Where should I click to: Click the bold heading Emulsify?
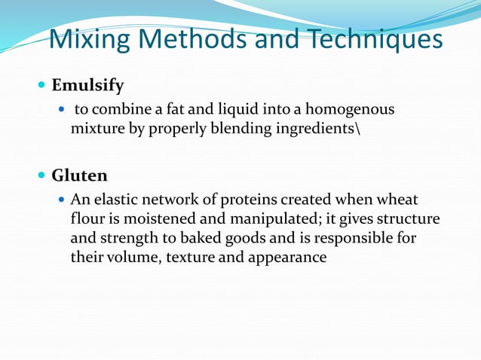coord(87,85)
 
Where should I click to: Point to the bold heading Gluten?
coord(79,175)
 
